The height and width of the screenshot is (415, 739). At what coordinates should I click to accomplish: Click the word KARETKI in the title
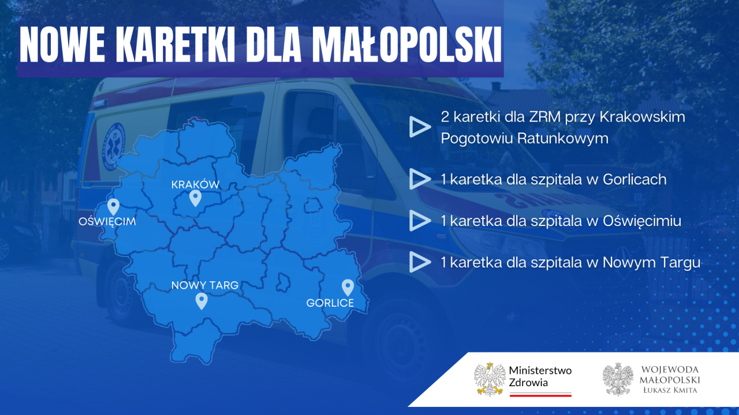click(175, 44)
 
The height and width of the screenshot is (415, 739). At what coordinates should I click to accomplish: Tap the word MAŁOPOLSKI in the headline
click(407, 44)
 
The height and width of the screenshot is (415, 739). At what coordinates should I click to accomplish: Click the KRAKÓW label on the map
click(195, 184)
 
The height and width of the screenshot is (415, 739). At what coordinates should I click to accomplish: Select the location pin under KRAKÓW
click(195, 198)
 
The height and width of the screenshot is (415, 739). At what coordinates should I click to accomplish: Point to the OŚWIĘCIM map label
click(107, 221)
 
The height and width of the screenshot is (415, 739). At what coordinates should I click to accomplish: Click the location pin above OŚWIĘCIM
click(113, 207)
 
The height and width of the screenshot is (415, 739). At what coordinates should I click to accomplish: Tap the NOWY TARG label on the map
click(205, 285)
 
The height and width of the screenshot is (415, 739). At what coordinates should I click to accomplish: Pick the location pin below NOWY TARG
click(201, 301)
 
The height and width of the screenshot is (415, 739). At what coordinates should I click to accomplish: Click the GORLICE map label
click(330, 303)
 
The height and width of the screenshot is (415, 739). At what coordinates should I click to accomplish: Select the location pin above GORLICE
click(348, 288)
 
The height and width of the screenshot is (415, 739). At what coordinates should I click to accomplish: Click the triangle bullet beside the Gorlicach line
click(420, 179)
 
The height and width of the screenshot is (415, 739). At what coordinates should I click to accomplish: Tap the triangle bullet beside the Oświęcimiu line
click(420, 221)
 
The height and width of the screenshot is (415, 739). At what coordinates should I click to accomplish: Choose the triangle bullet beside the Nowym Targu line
click(420, 262)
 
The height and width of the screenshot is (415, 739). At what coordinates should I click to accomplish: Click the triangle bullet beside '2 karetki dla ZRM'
click(420, 126)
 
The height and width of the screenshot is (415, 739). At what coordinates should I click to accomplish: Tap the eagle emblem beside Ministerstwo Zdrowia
click(490, 379)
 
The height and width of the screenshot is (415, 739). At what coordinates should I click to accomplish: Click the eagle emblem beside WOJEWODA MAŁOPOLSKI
click(618, 379)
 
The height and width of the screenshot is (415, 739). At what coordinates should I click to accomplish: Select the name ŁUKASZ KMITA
click(670, 390)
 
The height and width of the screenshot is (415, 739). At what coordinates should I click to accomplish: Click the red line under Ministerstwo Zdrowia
click(540, 395)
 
